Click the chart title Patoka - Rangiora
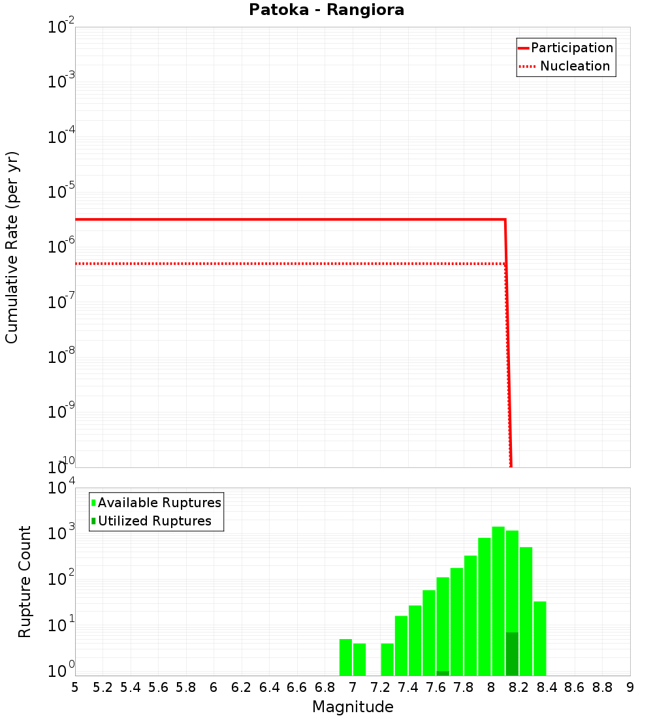tap(326, 10)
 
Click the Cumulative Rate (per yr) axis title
tap(12, 247)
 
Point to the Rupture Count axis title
tap(25, 582)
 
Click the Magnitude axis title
tap(353, 707)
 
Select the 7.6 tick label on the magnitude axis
tap(436, 688)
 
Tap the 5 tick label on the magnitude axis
tap(75, 688)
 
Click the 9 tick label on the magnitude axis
tap(630, 688)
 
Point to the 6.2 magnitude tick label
tap(242, 688)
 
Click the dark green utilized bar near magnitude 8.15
tap(512, 653)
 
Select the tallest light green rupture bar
tap(498, 601)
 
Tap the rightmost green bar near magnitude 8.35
tap(540, 638)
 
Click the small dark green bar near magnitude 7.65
tap(443, 673)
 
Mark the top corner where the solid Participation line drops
tap(505, 219)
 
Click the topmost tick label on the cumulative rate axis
tap(61, 28)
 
